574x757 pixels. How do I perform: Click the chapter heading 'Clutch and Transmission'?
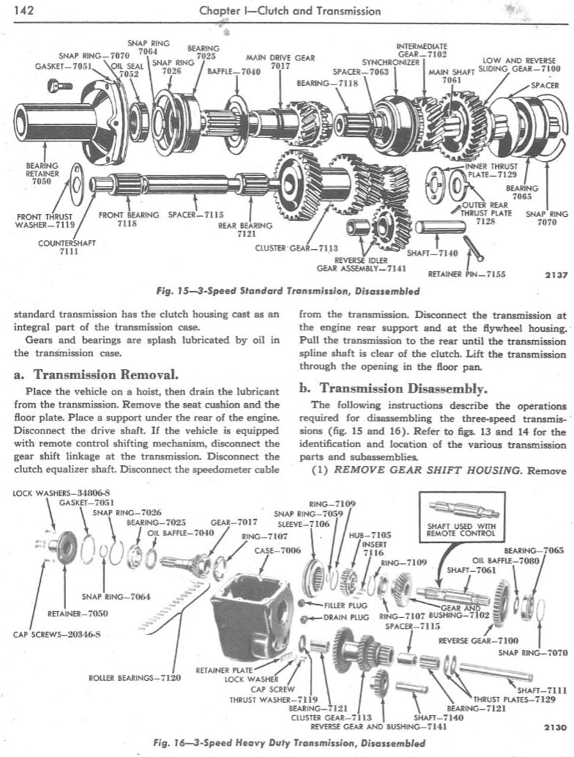pyautogui.click(x=289, y=10)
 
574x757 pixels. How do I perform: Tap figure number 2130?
pyautogui.click(x=556, y=728)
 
